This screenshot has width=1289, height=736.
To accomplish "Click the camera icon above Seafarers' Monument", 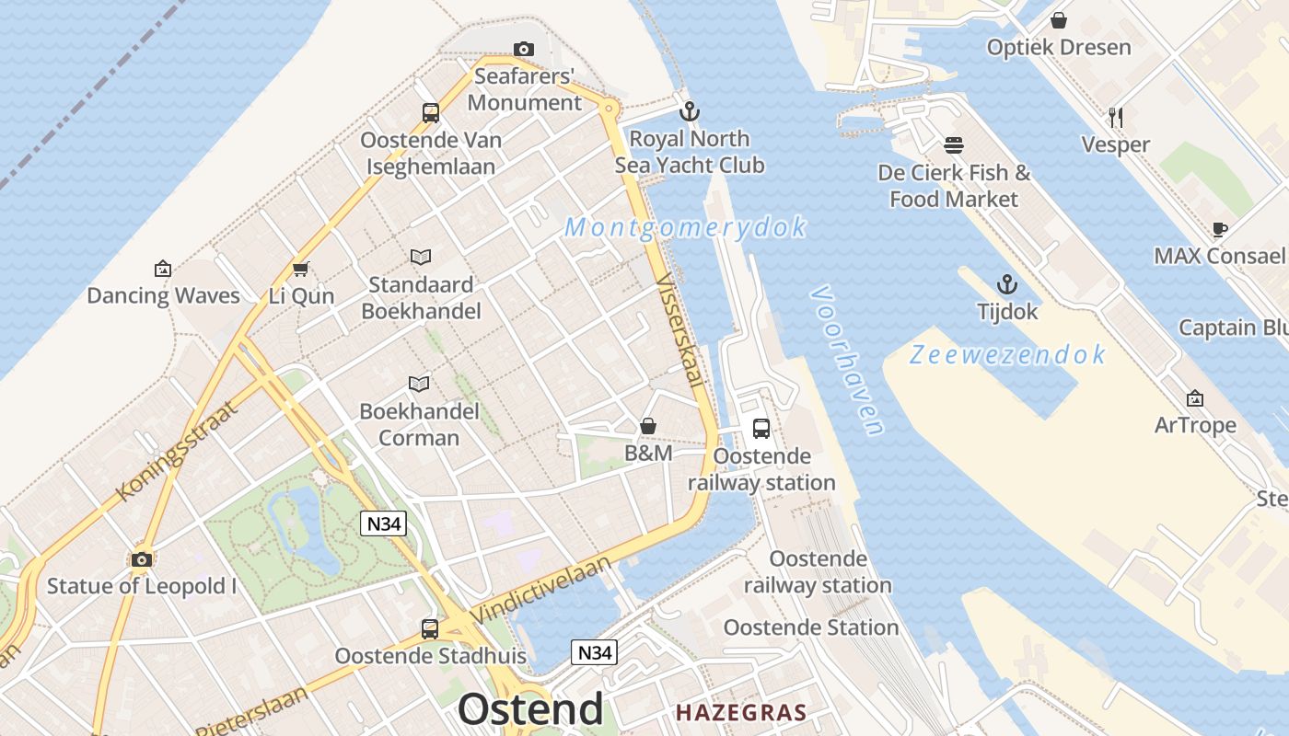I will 523,49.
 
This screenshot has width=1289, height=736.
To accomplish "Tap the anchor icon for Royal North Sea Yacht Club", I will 689,112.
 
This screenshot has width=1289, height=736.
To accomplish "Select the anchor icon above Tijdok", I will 1007,284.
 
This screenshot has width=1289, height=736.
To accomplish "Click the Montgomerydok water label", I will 685,227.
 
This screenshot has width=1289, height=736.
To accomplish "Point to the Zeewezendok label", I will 1007,355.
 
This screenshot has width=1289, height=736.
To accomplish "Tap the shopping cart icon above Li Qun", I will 300,270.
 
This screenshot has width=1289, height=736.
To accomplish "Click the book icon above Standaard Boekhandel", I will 421,257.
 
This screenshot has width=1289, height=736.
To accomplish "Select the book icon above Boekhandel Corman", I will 419,383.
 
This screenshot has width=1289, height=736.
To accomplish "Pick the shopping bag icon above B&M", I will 648,426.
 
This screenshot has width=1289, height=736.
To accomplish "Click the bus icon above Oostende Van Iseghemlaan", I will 430,113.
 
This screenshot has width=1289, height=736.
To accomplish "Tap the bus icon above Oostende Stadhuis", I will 429,629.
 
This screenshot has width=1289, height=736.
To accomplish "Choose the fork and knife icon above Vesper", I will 1115,117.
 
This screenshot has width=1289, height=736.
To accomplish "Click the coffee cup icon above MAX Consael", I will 1219,228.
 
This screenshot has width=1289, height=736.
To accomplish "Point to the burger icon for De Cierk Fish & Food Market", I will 953,145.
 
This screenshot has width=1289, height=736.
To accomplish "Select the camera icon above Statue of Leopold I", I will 141,559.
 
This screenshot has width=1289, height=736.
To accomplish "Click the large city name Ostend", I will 530,709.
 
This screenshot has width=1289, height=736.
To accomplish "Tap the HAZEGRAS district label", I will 741,712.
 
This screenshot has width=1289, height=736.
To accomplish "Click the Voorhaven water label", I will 847,359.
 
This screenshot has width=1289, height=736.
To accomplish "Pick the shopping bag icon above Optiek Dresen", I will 1059,20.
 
